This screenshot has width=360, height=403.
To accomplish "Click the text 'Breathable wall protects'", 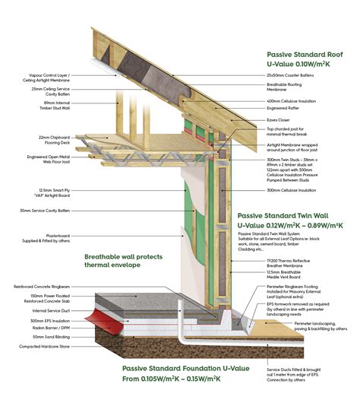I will [x=131, y=256].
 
